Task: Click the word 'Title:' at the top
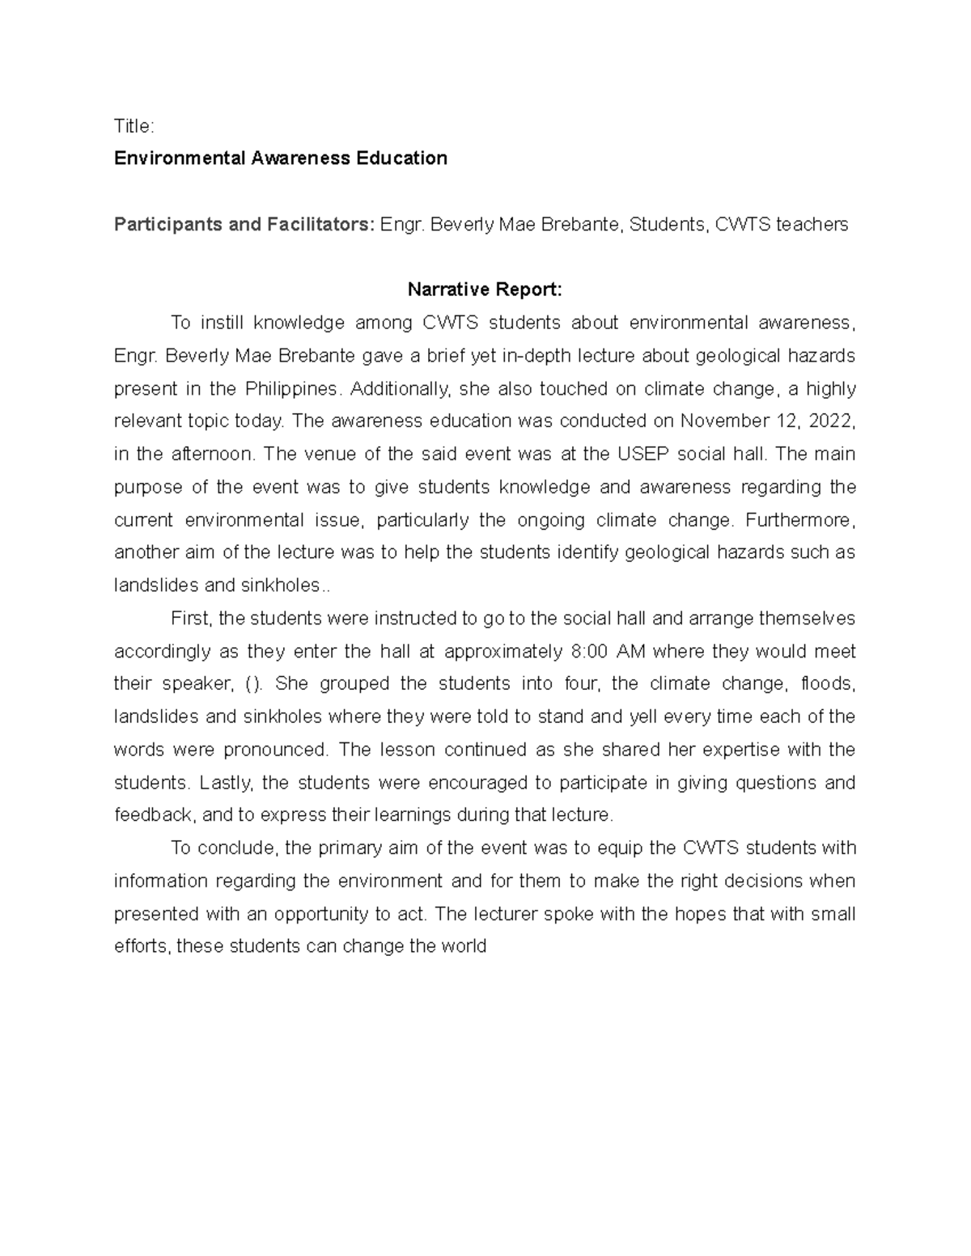pos(134,126)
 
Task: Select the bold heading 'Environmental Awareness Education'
pos(280,159)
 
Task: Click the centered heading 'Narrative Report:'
pos(484,290)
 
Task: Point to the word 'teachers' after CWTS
pos(812,224)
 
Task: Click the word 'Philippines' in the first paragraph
pos(291,389)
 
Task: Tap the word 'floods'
pos(827,684)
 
